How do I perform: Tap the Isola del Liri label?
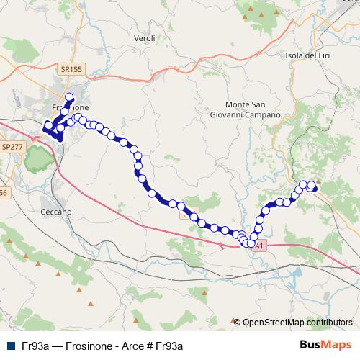[x=307, y=55]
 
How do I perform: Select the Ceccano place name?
[x=55, y=212]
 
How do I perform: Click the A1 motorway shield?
[x=259, y=246]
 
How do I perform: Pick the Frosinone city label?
[x=70, y=107]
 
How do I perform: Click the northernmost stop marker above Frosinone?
[x=70, y=97]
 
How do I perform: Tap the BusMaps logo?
[x=326, y=345]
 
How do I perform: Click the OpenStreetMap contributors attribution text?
[x=297, y=322]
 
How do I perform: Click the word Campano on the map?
[x=258, y=114]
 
